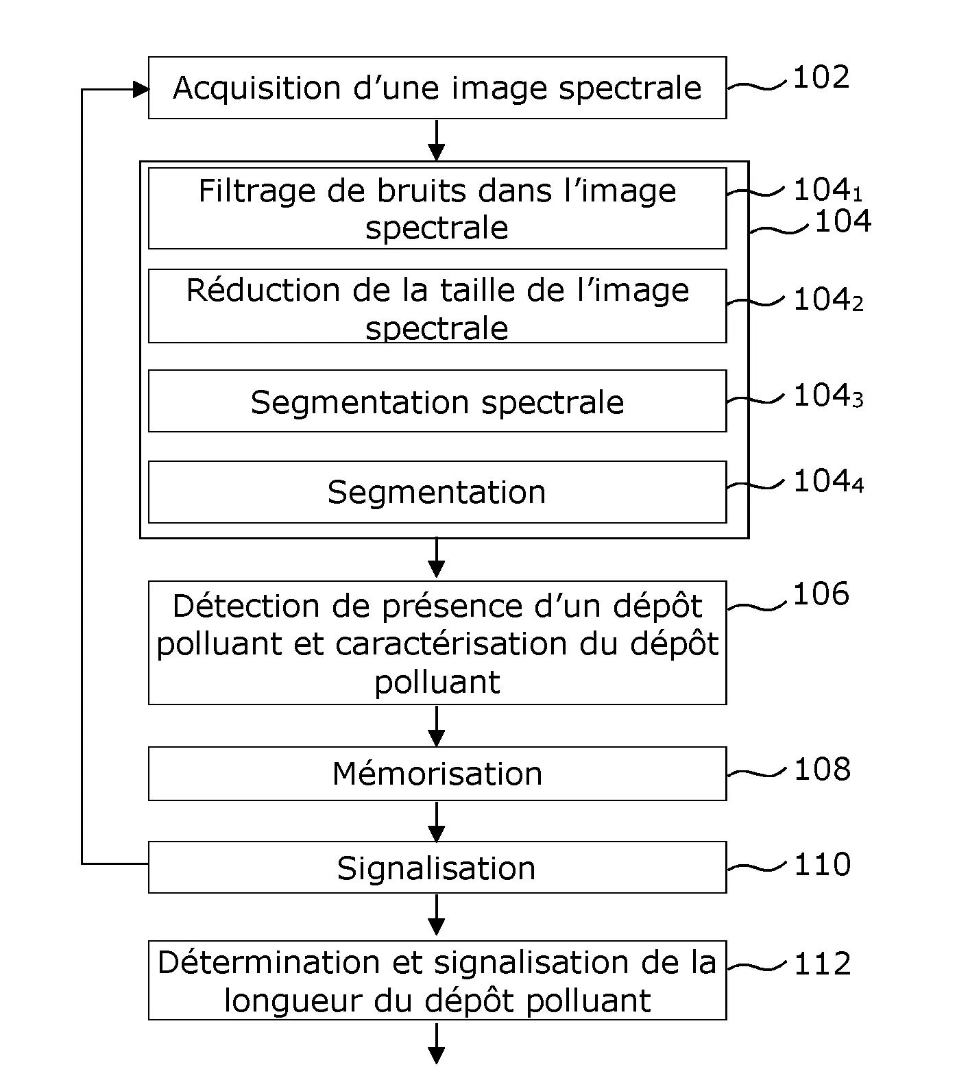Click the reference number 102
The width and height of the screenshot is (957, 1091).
tap(821, 77)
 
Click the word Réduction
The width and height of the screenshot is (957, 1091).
tap(264, 290)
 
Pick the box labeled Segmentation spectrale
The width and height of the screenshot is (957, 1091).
tap(437, 402)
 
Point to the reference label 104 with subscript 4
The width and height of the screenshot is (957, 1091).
tap(827, 482)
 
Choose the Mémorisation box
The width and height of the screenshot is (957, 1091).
tap(437, 774)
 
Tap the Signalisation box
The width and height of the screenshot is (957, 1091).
tap(437, 868)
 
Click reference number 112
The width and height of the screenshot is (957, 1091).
tap(822, 964)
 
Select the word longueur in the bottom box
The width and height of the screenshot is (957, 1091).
tap(293, 1001)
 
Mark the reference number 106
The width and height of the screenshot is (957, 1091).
tap(821, 594)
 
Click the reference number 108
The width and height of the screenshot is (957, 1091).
tap(822, 770)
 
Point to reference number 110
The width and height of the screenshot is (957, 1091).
tap(822, 865)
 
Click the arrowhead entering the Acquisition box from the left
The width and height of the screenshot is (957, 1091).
tap(141, 89)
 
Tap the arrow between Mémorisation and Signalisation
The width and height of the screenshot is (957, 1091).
tap(436, 822)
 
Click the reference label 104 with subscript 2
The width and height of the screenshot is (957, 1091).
tap(827, 300)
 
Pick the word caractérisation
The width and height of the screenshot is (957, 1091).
tap(452, 644)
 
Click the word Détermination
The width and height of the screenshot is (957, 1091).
tap(269, 963)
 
